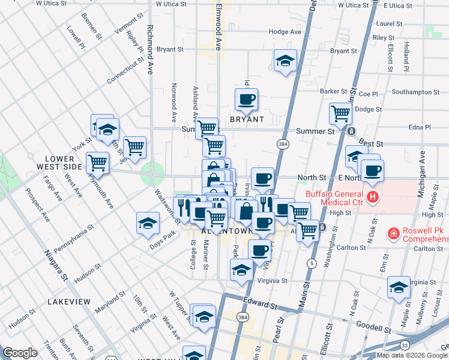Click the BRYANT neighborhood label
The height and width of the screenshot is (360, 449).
247,119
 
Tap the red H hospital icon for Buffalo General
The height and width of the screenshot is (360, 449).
373,197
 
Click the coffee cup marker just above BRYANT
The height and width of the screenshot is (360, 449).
246,99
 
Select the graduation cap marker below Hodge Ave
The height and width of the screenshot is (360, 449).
285,60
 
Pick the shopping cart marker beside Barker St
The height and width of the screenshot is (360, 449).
340,112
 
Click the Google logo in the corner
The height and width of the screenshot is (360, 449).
19,353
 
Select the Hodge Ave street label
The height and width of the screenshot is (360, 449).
285,31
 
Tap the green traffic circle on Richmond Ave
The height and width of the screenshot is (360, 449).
152,175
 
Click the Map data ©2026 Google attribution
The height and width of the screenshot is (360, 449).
412,355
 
